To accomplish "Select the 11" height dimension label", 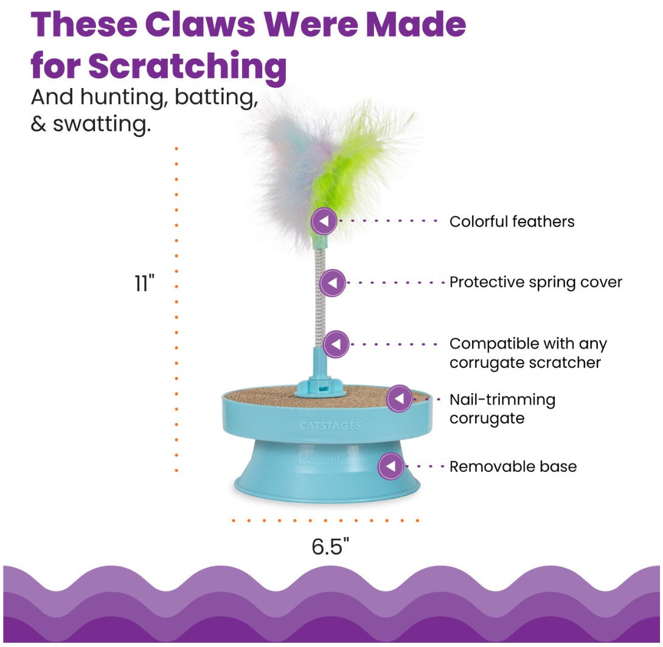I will tap(145, 283).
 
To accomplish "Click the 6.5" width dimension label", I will tap(330, 546).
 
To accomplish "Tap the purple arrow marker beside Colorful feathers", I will tap(324, 221).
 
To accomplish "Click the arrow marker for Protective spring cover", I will tap(333, 283).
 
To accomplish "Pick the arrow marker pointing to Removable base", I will tap(391, 467).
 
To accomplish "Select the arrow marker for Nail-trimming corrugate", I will tap(400, 399).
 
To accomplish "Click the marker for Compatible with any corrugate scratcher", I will tap(336, 344).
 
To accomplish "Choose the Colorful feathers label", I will tap(512, 221).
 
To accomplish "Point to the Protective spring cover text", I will tap(536, 282).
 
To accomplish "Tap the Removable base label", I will tap(513, 467).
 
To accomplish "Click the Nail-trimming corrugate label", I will tap(502, 409).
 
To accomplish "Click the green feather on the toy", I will tap(353, 158).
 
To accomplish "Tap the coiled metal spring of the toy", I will tap(320, 298).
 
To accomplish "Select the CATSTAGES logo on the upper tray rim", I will tap(330, 426).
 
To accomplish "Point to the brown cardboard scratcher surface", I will tap(268, 396).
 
